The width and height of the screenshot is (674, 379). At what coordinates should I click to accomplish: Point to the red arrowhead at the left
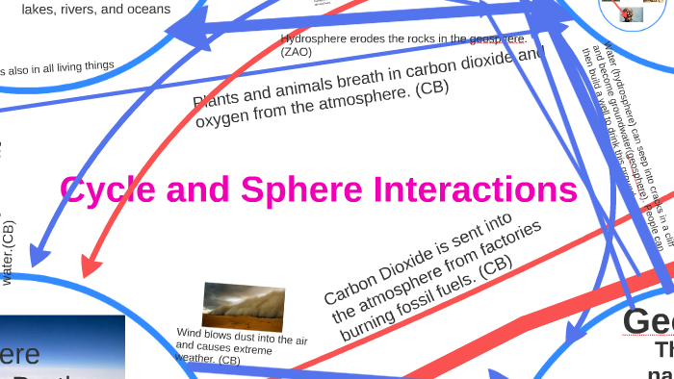tap(91, 264)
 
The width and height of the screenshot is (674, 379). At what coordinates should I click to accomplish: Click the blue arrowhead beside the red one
tap(39, 256)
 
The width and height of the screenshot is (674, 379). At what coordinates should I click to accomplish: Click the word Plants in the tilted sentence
tap(219, 99)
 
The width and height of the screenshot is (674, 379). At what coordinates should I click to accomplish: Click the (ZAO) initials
tap(298, 52)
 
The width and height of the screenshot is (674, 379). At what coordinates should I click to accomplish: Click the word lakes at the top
tap(39, 9)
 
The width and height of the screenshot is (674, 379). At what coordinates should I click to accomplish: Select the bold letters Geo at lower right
tap(647, 321)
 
